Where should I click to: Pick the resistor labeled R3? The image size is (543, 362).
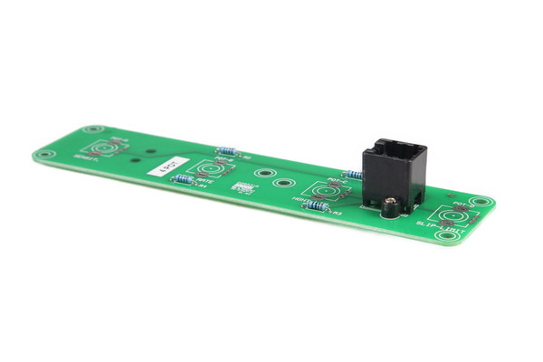(317, 207)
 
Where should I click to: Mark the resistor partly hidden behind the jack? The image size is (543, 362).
(353, 175)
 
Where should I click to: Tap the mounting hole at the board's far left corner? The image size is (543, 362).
(42, 154)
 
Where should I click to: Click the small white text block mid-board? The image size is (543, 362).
(242, 188)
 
